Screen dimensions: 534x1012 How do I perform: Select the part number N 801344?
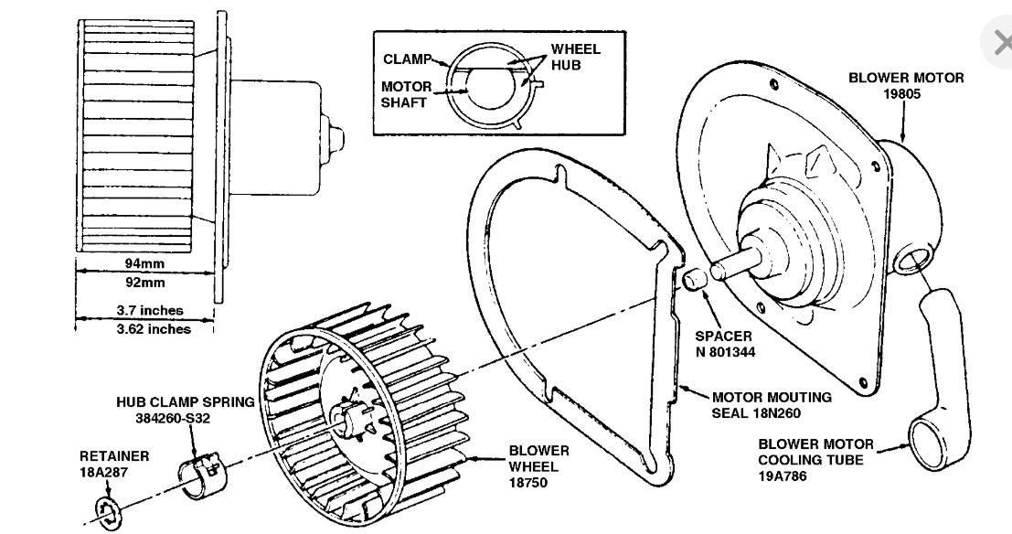[x=723, y=350]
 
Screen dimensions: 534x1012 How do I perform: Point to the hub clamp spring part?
[x=204, y=475]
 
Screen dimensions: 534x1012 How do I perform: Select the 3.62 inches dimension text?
[x=146, y=328]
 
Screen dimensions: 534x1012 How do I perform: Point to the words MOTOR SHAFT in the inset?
[x=405, y=94]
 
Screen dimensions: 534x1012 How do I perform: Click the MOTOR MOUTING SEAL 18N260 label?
[x=772, y=405]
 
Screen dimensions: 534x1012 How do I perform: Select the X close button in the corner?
[x=999, y=42]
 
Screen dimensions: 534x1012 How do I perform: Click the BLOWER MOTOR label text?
[x=905, y=78]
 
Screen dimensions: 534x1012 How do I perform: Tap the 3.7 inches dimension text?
[x=146, y=311]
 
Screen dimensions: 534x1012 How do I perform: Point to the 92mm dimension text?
[x=144, y=283]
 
